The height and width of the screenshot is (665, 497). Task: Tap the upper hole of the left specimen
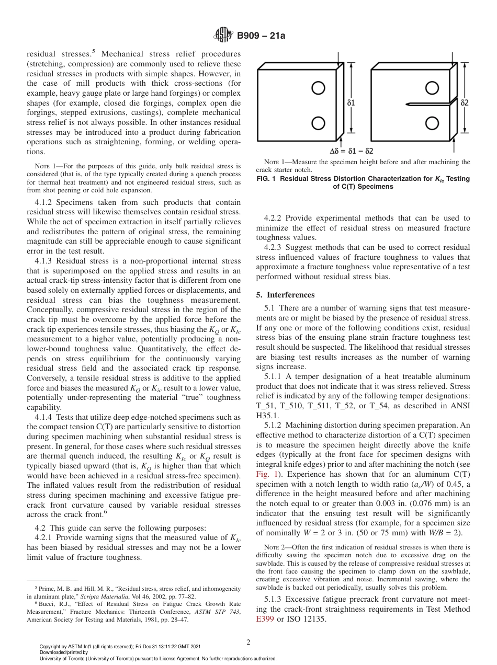[318, 88]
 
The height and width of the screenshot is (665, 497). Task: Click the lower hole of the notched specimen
[432, 123]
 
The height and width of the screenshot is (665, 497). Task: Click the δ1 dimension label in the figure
[351, 103]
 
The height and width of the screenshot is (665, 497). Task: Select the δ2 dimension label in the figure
[465, 103]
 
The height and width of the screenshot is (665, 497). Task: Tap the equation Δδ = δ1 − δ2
[352, 151]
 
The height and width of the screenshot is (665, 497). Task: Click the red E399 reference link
[265, 620]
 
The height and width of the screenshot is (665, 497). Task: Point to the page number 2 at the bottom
[249, 643]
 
